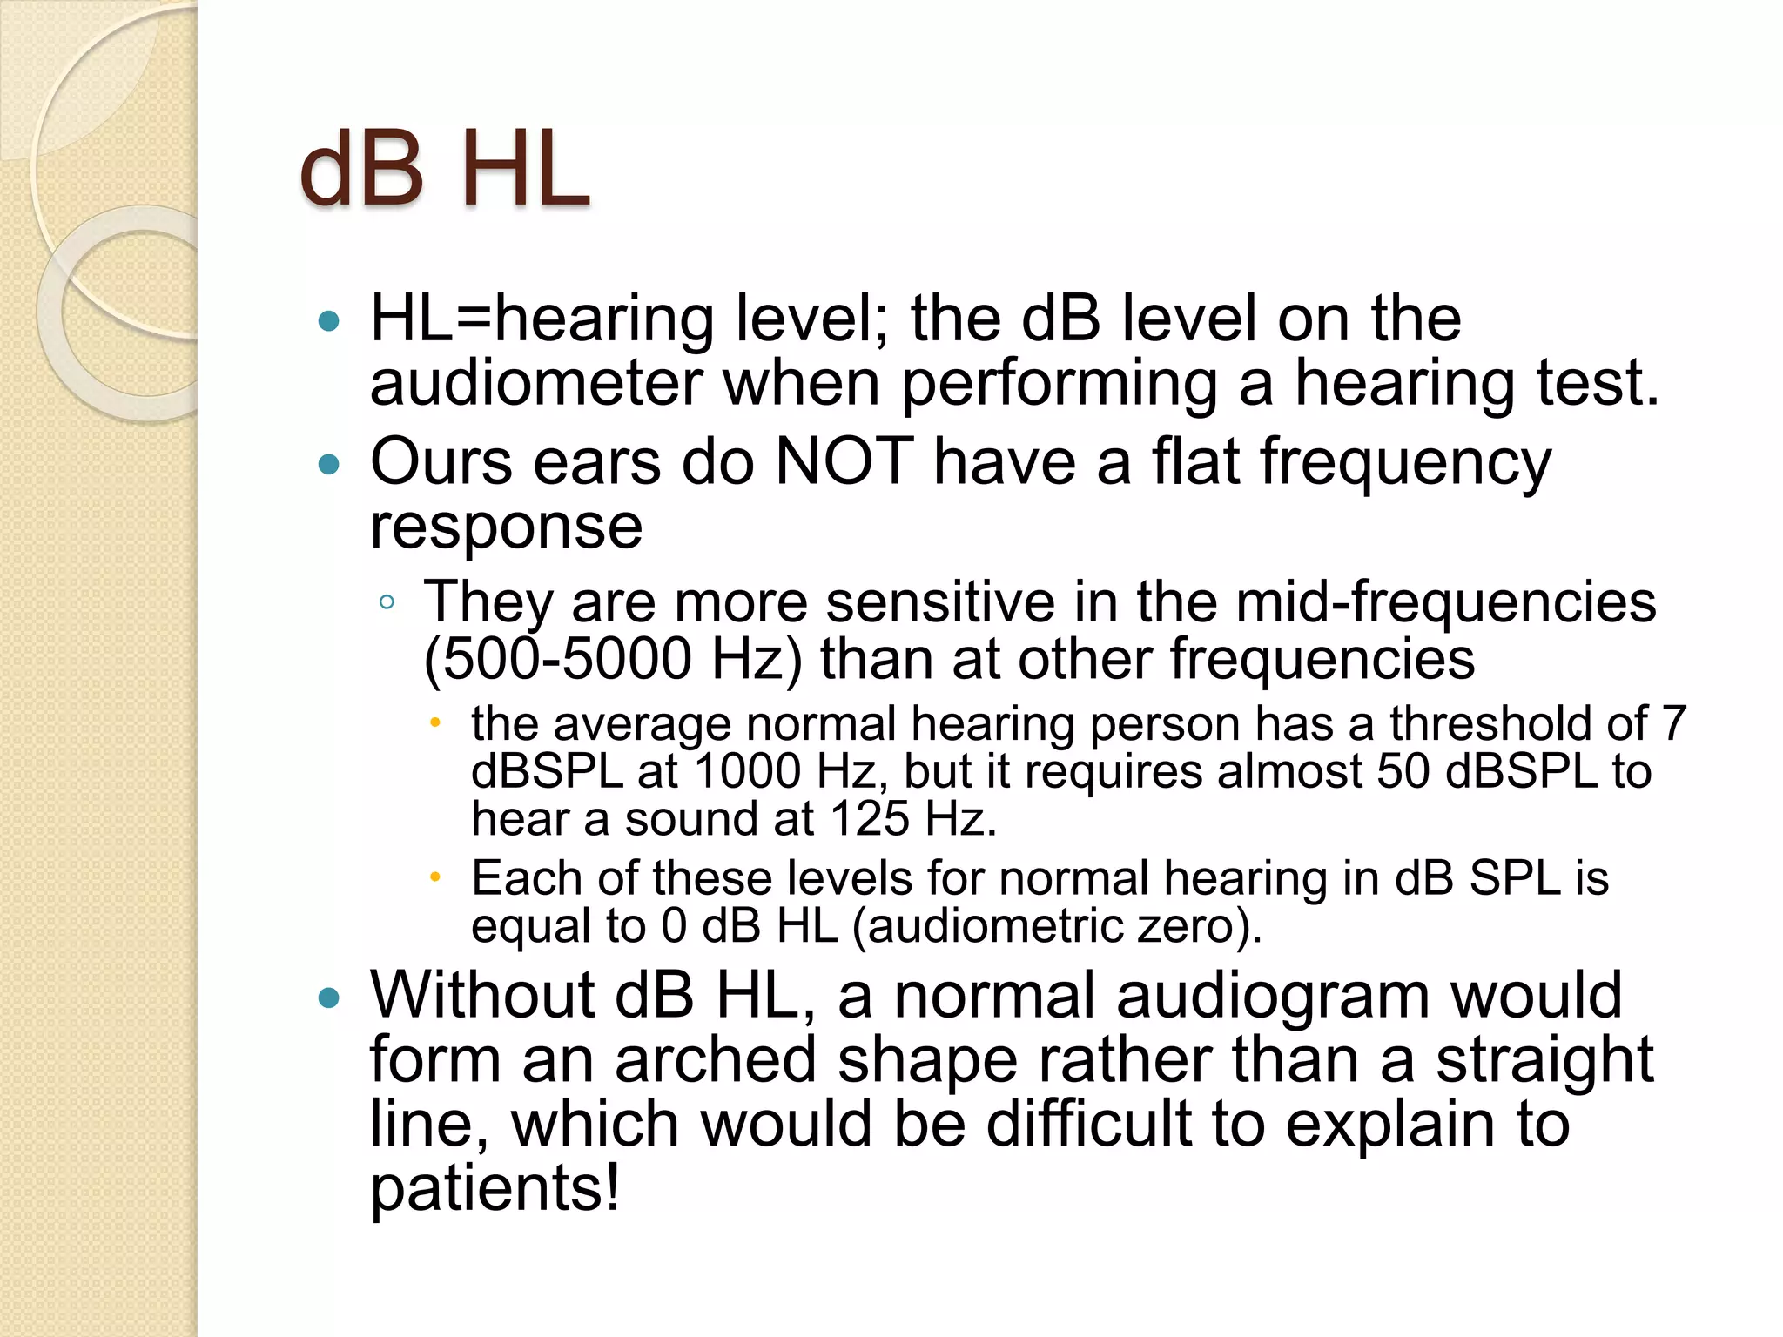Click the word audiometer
coord(536,384)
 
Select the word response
coord(506,527)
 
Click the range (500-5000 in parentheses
coord(557,659)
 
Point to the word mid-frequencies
coord(1445,602)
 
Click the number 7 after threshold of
coord(1673,723)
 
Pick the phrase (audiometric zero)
coord(1056,925)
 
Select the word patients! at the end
coord(495,1188)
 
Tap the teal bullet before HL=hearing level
coord(329,321)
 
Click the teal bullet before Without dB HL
coord(329,998)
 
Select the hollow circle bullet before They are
coord(387,602)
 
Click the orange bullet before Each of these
coord(435,877)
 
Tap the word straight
coord(1544,1060)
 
